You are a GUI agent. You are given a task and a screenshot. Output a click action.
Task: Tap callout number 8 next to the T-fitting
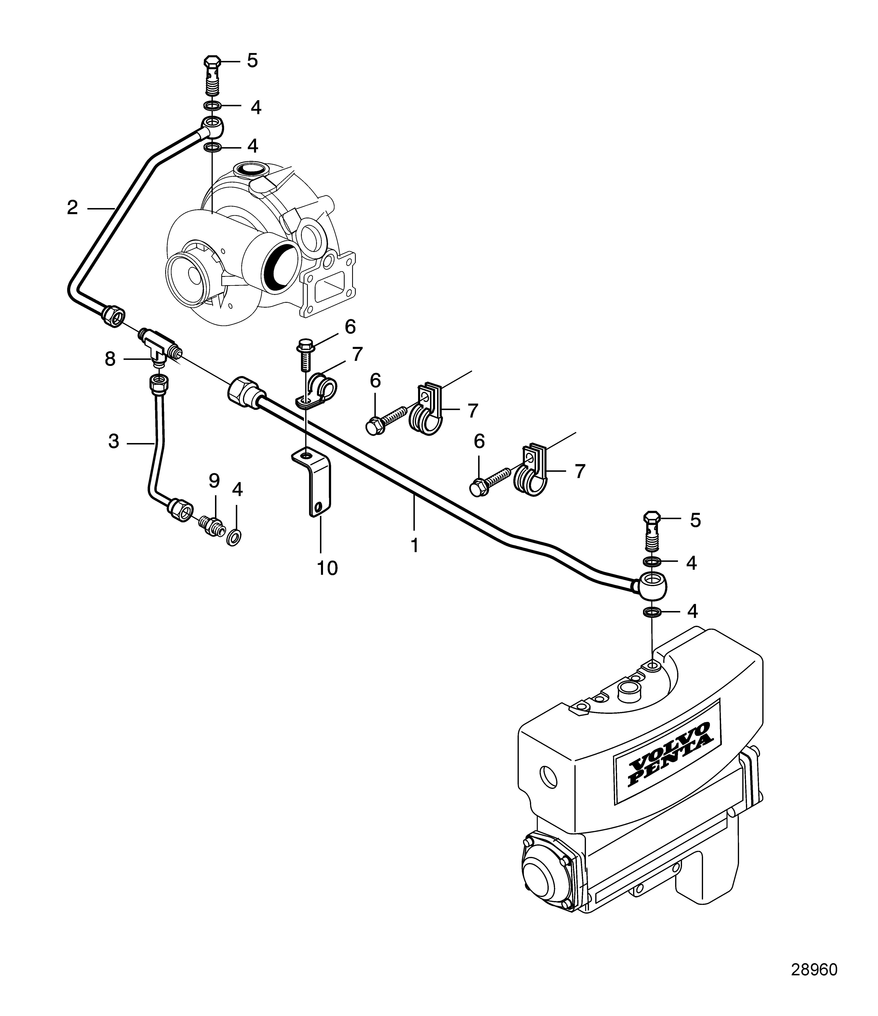tap(110, 359)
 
